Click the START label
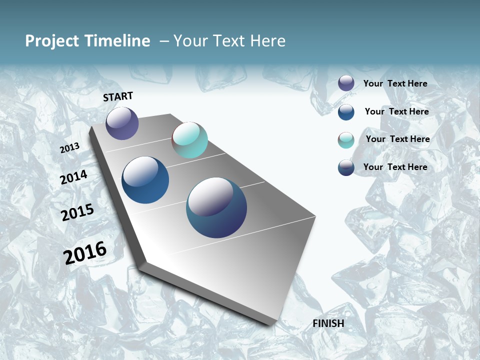pos(118,96)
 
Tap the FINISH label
pos(328,323)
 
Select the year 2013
pos(69,148)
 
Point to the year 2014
pos(73,177)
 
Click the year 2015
pos(77,212)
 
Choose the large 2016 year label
pos(85,252)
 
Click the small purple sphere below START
pos(122,123)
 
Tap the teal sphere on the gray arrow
pos(189,140)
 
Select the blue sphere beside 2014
pos(145,180)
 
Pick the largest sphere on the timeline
pos(216,207)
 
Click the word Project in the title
pos(51,41)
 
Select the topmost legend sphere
pos(346,83)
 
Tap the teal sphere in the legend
pos(346,140)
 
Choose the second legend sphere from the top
pos(346,112)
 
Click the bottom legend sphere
pos(346,167)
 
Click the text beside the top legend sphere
pos(395,83)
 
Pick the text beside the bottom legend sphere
pos(395,167)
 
